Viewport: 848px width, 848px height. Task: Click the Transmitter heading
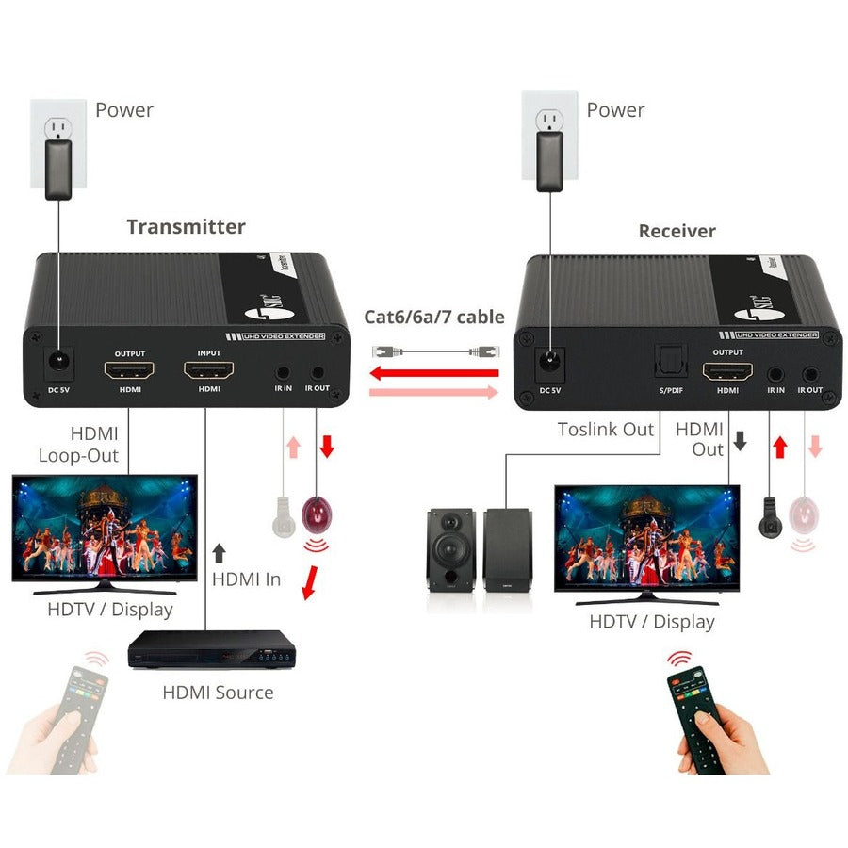[186, 227]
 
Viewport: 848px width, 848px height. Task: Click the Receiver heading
[677, 231]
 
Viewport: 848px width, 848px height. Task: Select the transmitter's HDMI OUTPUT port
[129, 370]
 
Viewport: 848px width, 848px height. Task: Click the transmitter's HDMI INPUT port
[209, 370]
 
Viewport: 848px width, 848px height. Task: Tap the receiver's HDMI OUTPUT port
[727, 371]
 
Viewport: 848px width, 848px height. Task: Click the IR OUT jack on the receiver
[809, 374]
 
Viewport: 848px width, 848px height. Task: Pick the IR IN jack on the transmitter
[284, 372]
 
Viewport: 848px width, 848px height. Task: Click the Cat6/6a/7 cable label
[434, 318]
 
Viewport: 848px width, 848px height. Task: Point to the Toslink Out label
[605, 430]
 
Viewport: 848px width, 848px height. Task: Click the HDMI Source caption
[218, 693]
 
